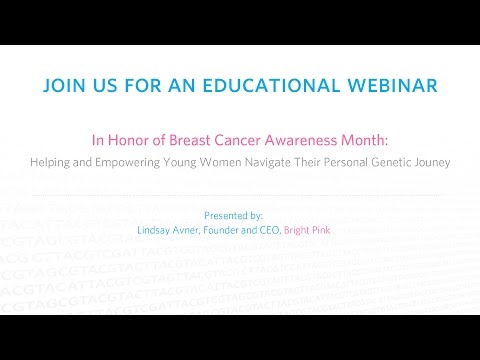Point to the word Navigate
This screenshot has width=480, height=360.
point(272,160)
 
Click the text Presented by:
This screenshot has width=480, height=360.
point(233,215)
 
